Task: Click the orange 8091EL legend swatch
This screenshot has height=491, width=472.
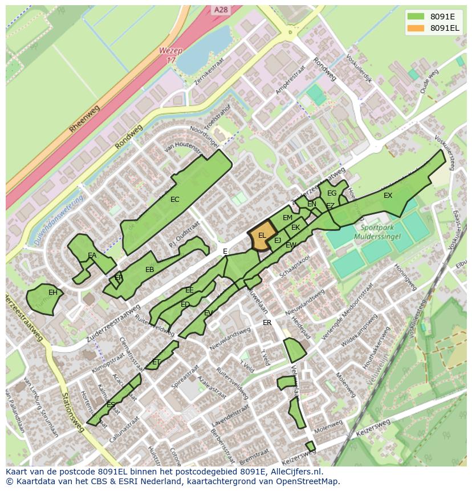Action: click(x=416, y=28)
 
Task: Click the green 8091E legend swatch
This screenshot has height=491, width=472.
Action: click(x=416, y=16)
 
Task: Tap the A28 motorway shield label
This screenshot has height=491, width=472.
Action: click(x=221, y=10)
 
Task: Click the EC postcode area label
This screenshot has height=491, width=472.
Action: click(x=175, y=200)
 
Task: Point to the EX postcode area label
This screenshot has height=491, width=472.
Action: click(x=388, y=196)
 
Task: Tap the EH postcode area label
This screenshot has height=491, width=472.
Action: click(x=52, y=293)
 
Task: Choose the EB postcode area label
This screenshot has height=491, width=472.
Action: click(x=150, y=270)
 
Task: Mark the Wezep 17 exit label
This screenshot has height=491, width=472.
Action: click(x=171, y=55)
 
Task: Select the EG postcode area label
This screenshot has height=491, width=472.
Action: click(x=332, y=193)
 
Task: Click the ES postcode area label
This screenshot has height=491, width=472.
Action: click(x=111, y=405)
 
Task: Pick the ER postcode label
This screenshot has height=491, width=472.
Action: click(x=267, y=323)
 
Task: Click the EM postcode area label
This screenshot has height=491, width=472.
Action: click(x=287, y=218)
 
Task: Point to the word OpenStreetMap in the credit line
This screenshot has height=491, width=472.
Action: click(x=307, y=481)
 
